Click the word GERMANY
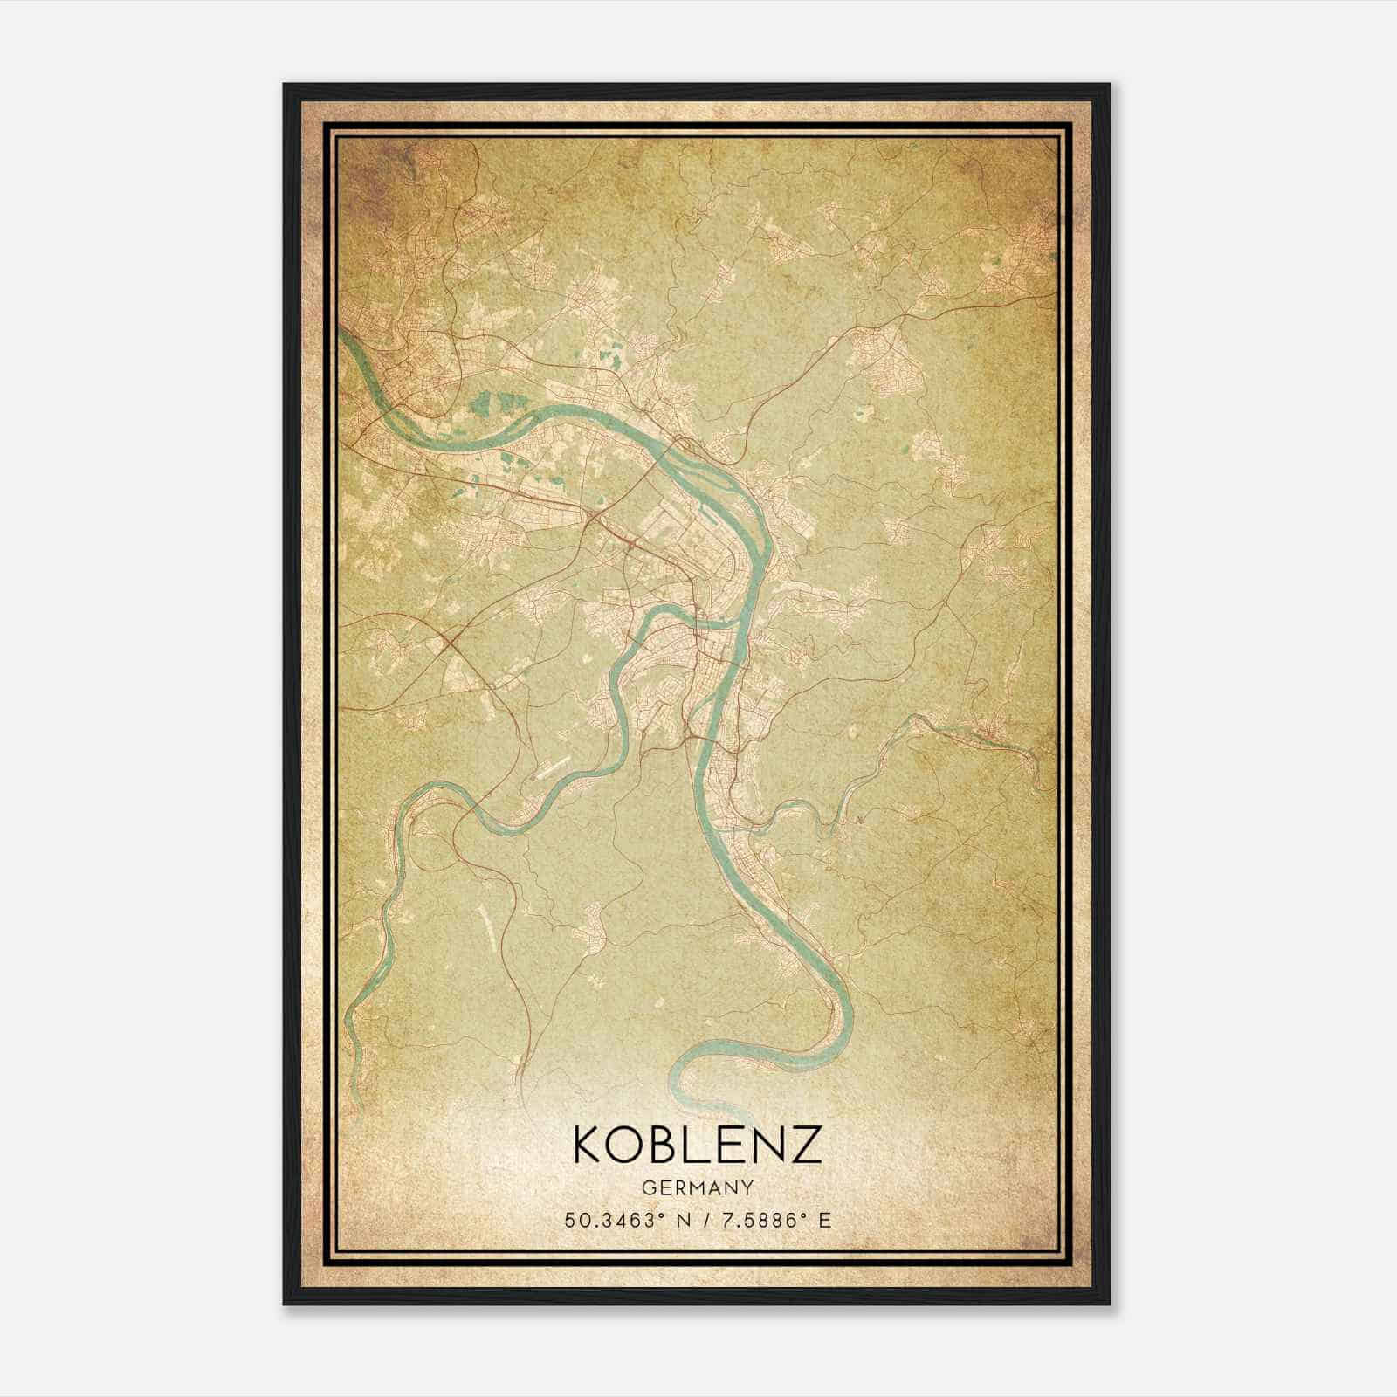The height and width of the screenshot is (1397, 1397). [x=697, y=1187]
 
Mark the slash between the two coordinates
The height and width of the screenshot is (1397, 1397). [x=704, y=1220]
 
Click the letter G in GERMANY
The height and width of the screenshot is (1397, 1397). [x=646, y=1187]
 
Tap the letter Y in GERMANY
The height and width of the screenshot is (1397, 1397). [x=748, y=1187]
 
